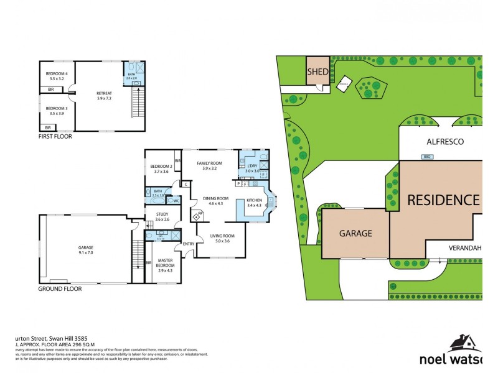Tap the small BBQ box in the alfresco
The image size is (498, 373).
[x=428, y=157]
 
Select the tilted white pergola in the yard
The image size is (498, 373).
[x=343, y=85]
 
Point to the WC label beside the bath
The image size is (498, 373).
[x=176, y=201]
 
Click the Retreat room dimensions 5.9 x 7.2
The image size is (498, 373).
[x=104, y=98]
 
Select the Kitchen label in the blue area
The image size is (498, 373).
[x=255, y=199]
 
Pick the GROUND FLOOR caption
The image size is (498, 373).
[x=60, y=289]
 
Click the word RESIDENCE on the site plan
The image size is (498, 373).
[x=444, y=200]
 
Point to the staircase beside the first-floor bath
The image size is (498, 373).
[x=137, y=102]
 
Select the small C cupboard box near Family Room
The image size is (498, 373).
[x=186, y=183]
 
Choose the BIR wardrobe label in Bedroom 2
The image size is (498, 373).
[x=177, y=160]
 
